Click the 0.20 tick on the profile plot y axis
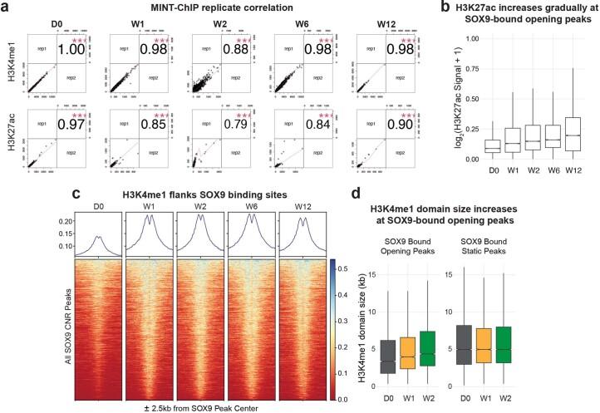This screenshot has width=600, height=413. click(61, 221)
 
